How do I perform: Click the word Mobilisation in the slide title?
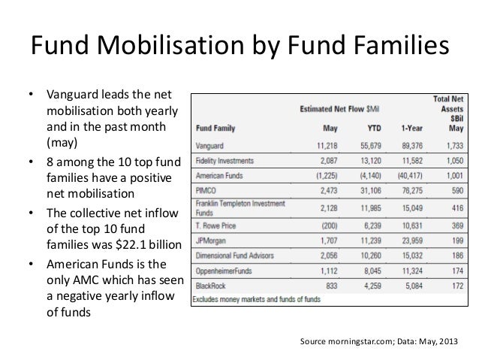pos(164,47)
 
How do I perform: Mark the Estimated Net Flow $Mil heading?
pos(342,109)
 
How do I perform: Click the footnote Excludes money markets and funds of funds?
pos(256,299)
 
